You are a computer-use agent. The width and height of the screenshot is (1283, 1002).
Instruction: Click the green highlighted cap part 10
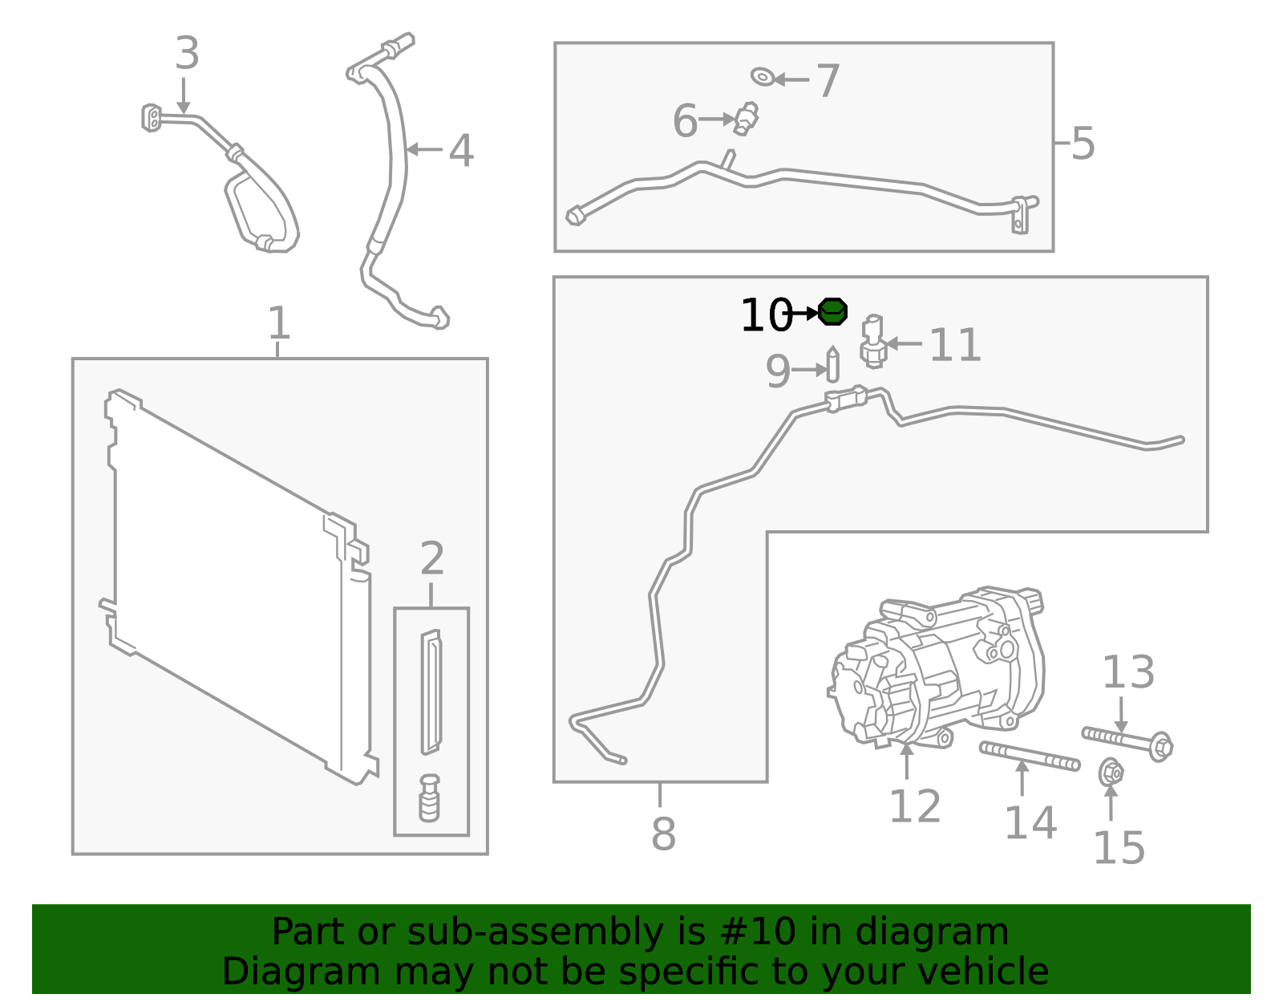[x=833, y=311]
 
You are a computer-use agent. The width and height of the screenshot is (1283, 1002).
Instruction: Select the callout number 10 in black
[x=766, y=314]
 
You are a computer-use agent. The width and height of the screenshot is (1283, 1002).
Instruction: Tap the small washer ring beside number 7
[x=762, y=77]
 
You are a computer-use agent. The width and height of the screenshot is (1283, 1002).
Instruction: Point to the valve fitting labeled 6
[x=747, y=119]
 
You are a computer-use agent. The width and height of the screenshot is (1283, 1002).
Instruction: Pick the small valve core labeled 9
[x=832, y=366]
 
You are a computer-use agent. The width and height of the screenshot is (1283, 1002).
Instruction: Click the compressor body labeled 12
[x=938, y=666]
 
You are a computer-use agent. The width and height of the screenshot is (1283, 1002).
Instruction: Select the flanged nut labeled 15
[x=1111, y=773]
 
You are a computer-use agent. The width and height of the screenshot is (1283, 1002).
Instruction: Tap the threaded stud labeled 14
[x=1029, y=756]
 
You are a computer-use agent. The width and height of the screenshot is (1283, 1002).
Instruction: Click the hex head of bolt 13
[x=1160, y=747]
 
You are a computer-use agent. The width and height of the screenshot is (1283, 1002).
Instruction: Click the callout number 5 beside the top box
[x=1083, y=144]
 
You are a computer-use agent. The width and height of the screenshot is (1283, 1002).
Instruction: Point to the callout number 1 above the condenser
[x=278, y=323]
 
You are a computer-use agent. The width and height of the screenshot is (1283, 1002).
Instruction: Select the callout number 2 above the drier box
[x=432, y=558]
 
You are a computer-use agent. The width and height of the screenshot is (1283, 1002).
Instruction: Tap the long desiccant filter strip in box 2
[x=431, y=692]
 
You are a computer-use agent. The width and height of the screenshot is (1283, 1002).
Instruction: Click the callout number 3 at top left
[x=186, y=54]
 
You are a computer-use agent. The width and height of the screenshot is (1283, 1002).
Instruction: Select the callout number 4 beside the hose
[x=460, y=151]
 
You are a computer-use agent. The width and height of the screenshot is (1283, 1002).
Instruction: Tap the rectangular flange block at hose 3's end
[x=151, y=118]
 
